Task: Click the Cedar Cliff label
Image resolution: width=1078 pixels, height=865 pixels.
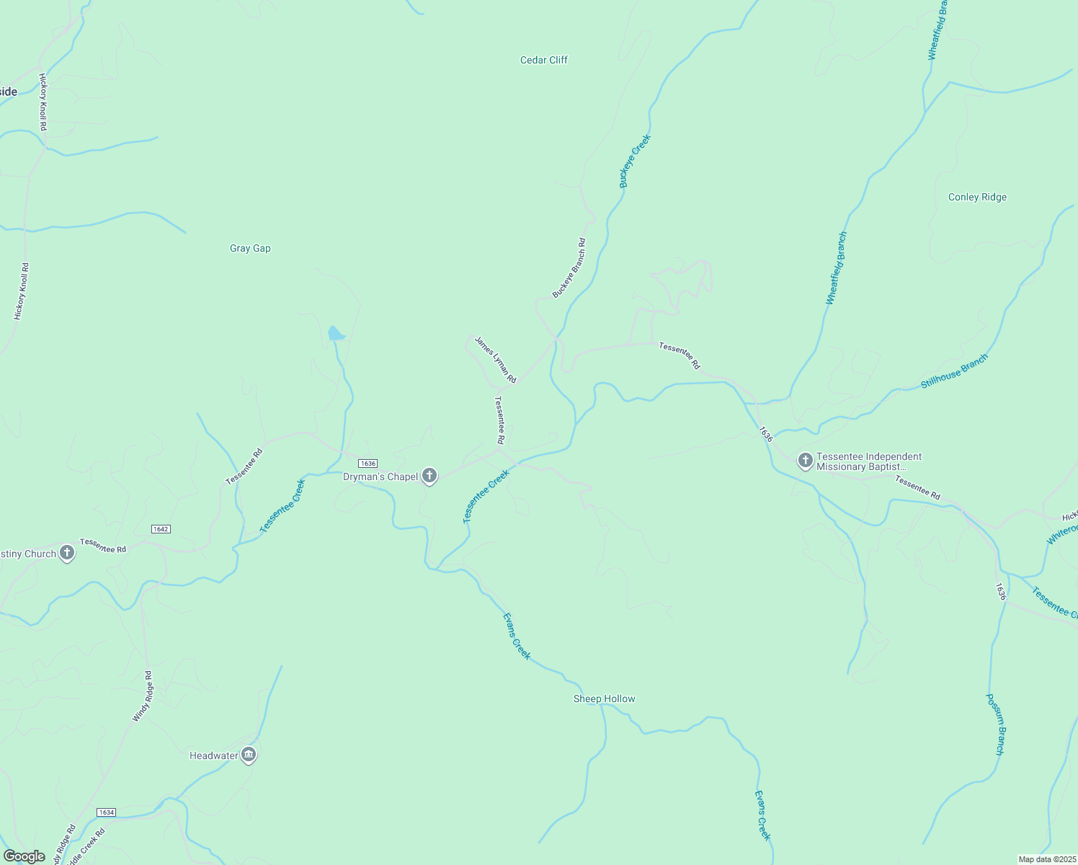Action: (543, 60)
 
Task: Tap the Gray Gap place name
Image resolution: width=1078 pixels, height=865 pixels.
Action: (250, 248)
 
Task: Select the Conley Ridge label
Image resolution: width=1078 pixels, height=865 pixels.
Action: (977, 197)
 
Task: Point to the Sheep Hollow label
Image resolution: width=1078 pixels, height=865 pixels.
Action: (604, 698)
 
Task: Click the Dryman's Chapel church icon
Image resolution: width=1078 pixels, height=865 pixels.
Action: (429, 476)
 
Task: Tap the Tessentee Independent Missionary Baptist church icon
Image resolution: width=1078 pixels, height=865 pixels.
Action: (805, 460)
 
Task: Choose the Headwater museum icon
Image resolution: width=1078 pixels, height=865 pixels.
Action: (249, 755)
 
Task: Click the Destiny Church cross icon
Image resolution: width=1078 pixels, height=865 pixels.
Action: (67, 553)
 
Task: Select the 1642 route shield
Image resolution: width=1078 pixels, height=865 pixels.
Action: (161, 529)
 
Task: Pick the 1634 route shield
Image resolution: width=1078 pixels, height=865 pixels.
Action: (106, 812)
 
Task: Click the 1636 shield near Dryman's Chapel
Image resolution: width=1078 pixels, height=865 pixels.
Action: (367, 463)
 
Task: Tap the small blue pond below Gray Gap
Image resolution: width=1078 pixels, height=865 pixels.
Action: (336, 333)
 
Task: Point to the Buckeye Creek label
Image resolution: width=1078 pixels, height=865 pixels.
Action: (635, 161)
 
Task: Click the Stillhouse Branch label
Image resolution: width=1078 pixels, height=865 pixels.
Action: (954, 371)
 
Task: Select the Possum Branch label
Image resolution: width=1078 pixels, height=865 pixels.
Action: (994, 724)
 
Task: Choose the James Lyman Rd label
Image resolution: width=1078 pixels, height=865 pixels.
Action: (495, 360)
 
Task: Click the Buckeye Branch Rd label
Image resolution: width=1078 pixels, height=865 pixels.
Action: (569, 268)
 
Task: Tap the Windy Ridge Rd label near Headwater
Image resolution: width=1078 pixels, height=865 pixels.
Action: (143, 696)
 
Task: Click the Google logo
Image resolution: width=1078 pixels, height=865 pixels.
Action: (24, 856)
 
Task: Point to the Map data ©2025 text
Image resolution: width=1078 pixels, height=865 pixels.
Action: (1046, 859)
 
